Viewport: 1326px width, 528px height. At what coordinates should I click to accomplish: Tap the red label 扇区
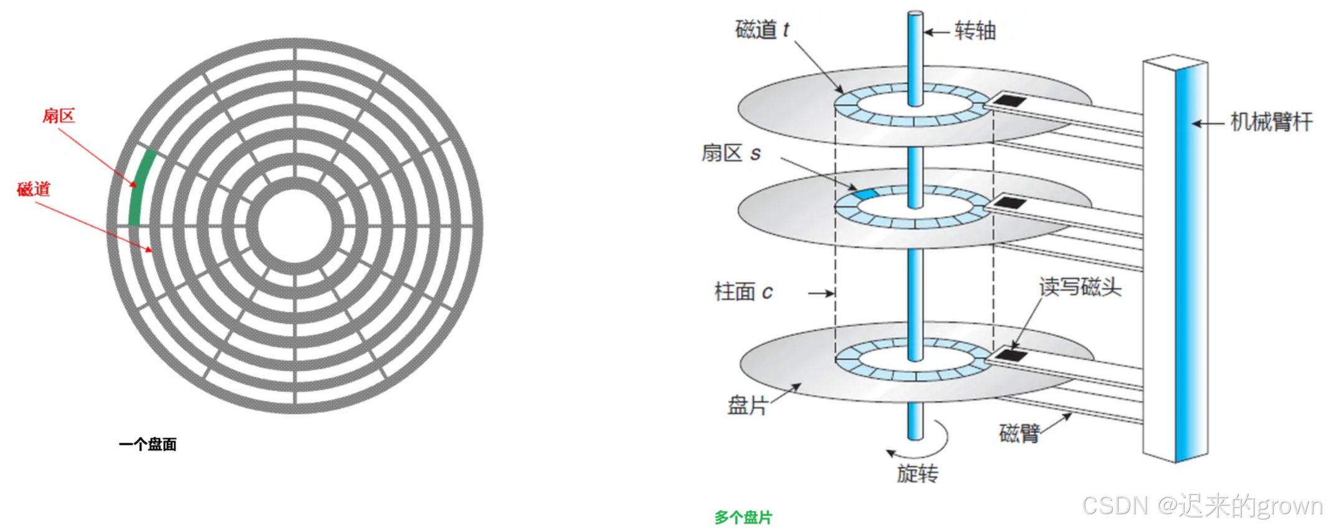click(59, 116)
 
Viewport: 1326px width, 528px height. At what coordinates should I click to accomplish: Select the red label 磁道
click(34, 189)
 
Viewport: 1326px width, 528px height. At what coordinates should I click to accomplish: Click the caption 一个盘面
click(148, 444)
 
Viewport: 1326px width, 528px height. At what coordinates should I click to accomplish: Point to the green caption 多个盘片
click(743, 517)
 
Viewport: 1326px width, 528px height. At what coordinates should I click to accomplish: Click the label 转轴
click(975, 31)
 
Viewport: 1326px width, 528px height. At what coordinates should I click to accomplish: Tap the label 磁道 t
click(762, 30)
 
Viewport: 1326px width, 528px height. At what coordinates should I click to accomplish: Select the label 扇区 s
click(731, 153)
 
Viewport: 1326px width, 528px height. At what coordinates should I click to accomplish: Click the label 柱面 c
click(743, 292)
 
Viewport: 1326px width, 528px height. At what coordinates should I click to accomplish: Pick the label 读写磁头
click(1080, 287)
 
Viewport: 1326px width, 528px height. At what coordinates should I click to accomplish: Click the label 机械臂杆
click(1271, 122)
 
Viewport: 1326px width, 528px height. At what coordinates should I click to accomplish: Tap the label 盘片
click(747, 406)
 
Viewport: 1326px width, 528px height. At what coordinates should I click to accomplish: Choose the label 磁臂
click(1019, 433)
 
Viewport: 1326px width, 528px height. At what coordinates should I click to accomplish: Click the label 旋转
click(917, 474)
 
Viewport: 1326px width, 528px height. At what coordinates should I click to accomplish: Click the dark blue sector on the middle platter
click(866, 194)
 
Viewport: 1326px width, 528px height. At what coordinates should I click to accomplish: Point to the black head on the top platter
click(1008, 100)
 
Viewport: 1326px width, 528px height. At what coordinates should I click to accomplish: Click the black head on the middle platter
click(1009, 203)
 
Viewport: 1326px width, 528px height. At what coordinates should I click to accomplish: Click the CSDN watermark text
click(1203, 506)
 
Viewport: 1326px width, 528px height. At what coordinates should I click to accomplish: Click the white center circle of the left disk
click(295, 226)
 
